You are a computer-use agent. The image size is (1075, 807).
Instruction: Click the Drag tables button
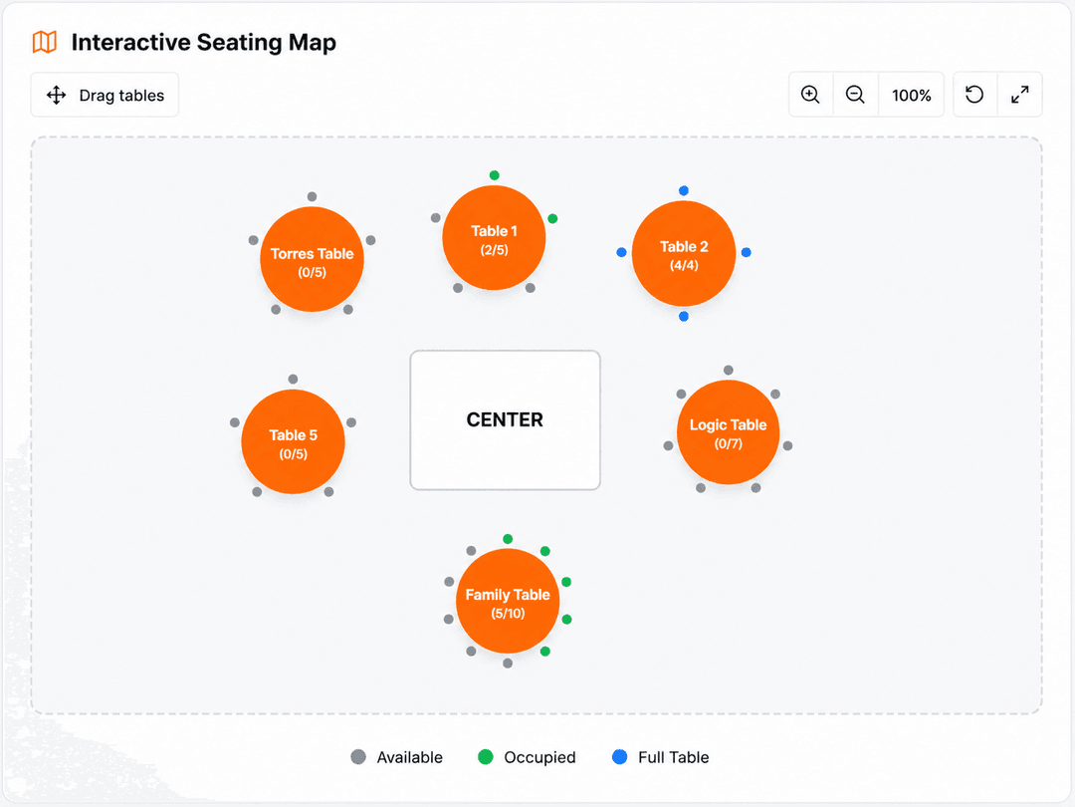(x=105, y=95)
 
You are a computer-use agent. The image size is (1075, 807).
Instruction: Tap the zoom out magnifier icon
(x=855, y=95)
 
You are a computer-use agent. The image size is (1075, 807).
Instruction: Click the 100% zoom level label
(x=911, y=96)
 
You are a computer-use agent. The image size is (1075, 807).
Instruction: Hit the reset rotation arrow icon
(x=974, y=94)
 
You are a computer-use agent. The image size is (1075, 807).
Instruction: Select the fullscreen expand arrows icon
(x=1020, y=95)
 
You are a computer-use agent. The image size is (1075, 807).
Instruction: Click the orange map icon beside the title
(x=45, y=42)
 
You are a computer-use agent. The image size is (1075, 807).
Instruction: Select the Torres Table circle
(x=312, y=259)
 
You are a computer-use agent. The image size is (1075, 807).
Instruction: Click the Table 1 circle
(x=495, y=238)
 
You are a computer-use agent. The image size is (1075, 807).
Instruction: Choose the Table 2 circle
(x=684, y=253)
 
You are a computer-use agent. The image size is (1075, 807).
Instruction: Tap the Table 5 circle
(x=293, y=442)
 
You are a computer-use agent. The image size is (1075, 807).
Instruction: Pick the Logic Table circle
(x=728, y=432)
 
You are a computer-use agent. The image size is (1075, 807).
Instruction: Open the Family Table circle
(x=508, y=601)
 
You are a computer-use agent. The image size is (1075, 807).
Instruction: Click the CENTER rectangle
(x=506, y=420)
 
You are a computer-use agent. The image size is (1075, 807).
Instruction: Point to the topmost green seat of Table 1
(x=495, y=175)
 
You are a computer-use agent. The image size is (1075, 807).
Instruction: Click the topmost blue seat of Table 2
(x=684, y=190)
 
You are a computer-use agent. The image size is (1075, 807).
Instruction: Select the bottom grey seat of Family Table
(x=508, y=663)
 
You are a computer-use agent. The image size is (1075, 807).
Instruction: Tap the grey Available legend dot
(x=358, y=757)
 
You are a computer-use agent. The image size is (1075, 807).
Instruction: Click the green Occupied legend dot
(x=486, y=757)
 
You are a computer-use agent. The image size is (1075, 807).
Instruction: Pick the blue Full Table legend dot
(x=620, y=757)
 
